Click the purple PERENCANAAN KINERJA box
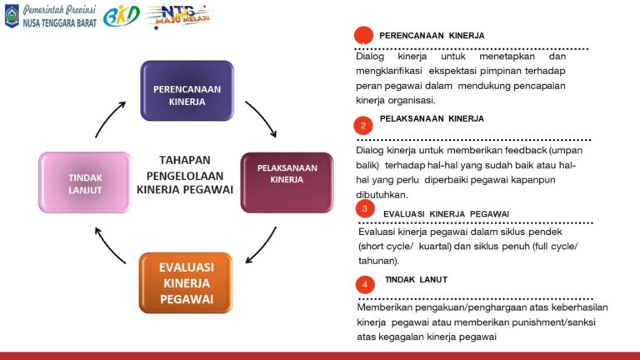tap(187, 92)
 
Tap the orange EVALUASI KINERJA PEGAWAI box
tap(186, 282)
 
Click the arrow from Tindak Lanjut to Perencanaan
tap(110, 119)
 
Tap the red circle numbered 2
tap(362, 126)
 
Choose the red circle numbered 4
tap(364, 285)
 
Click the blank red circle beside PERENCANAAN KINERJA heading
tap(363, 36)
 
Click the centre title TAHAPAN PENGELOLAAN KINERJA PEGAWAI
tap(184, 174)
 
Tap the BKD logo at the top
tap(121, 16)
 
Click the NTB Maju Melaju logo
tap(179, 16)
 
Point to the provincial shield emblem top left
tap(12, 16)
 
